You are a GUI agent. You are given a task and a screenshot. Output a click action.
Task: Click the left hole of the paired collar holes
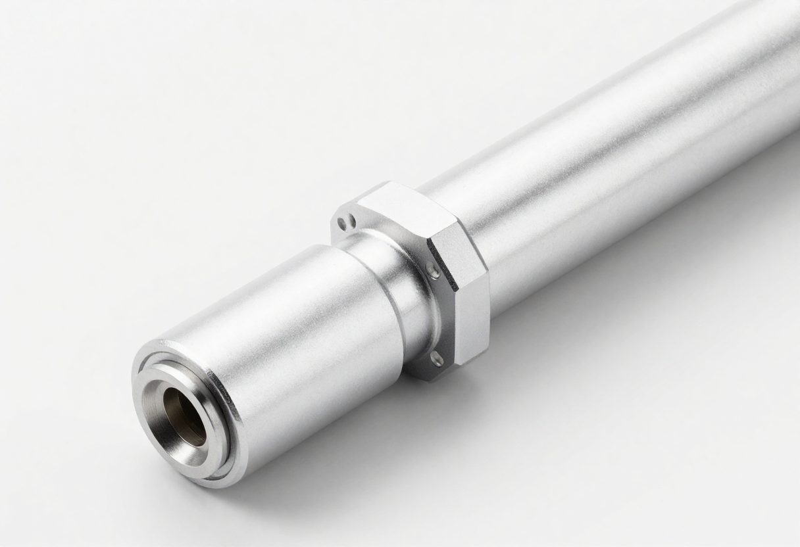coord(341,224)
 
